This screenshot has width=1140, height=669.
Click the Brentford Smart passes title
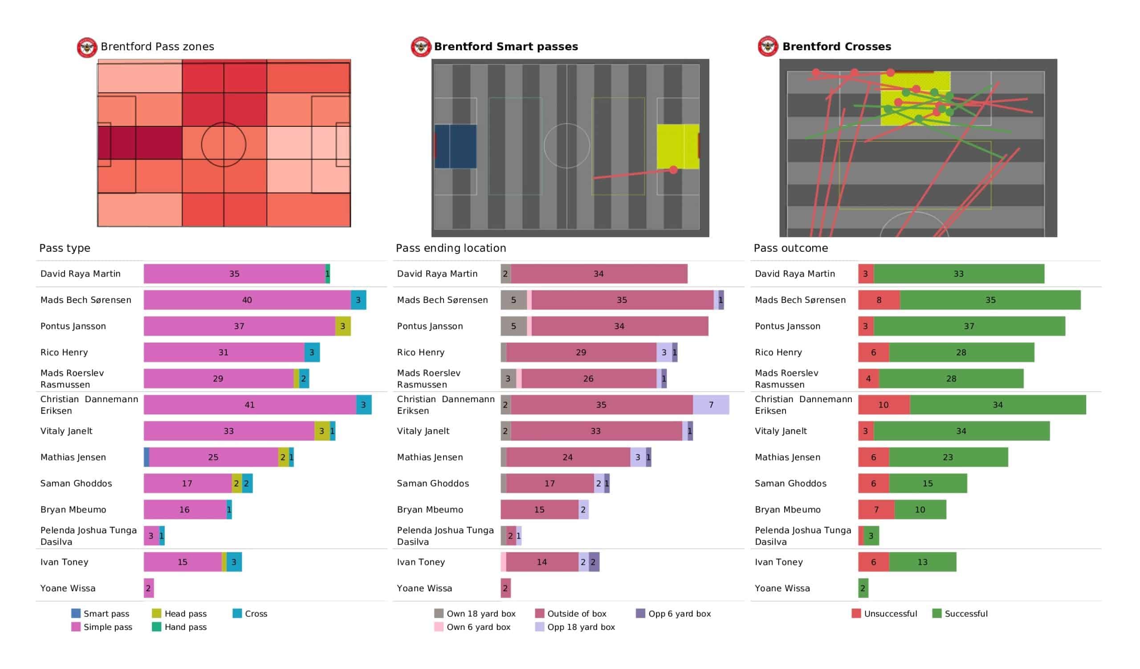point(506,47)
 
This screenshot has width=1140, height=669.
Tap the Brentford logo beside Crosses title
point(768,47)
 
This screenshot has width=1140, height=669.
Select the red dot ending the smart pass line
point(674,170)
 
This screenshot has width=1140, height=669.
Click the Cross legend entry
point(250,613)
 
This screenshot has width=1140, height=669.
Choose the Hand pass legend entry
point(180,627)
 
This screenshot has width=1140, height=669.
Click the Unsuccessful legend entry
point(884,613)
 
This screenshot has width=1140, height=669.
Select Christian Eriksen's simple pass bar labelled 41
point(250,405)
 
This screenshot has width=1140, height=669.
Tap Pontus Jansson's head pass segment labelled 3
point(343,326)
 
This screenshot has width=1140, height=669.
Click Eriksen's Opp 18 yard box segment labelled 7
point(711,405)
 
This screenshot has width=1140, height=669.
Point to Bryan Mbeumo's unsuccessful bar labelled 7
point(876,509)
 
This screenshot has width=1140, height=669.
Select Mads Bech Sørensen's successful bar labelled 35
point(990,300)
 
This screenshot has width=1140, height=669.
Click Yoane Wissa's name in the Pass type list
point(68,588)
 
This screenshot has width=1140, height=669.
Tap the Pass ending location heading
point(451,248)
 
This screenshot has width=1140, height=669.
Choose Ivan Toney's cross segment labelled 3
point(234,562)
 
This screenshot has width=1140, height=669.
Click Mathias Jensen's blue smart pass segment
point(147,457)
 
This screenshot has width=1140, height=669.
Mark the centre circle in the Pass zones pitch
point(224,145)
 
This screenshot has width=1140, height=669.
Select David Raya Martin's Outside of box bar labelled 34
point(598,274)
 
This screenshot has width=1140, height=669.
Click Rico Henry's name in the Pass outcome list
point(778,352)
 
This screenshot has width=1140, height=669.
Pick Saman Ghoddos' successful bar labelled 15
point(928,483)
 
